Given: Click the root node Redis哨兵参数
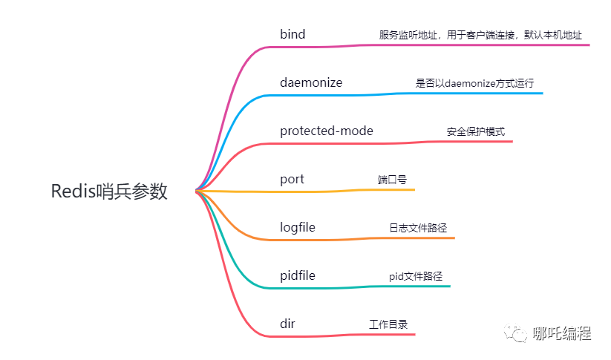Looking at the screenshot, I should tap(109, 192).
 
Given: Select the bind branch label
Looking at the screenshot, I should tap(293, 35).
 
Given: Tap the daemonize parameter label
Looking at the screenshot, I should tap(311, 82).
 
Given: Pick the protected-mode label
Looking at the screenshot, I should tap(327, 131).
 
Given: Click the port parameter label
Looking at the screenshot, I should tap(292, 180).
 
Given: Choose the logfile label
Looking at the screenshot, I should tap(298, 227).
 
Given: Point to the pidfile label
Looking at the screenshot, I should tap(298, 275).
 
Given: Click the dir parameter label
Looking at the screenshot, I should tap(288, 324).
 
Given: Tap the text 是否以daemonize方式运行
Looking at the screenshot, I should tap(474, 83).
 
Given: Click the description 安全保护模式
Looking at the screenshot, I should tap(476, 131).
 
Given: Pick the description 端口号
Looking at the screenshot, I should tap(392, 180).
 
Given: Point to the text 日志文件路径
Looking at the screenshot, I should tap(418, 228).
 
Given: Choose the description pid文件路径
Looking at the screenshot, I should tap(416, 276).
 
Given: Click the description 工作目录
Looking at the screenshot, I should tap(388, 324).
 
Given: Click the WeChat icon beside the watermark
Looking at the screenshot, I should tap(517, 333).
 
